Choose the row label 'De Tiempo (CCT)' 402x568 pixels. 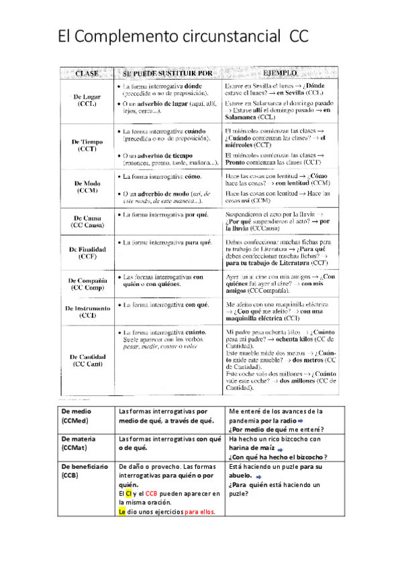coord(87,145)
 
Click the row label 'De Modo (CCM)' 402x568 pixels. coord(87,187)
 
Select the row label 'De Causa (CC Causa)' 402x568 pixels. coord(87,222)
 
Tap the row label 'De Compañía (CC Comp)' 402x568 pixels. coord(87,283)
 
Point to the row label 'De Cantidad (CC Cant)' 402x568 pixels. coord(87,360)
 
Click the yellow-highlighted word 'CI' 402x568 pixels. coord(129,494)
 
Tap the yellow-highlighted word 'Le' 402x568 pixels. coord(122,511)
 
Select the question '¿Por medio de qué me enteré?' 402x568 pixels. coord(277,429)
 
